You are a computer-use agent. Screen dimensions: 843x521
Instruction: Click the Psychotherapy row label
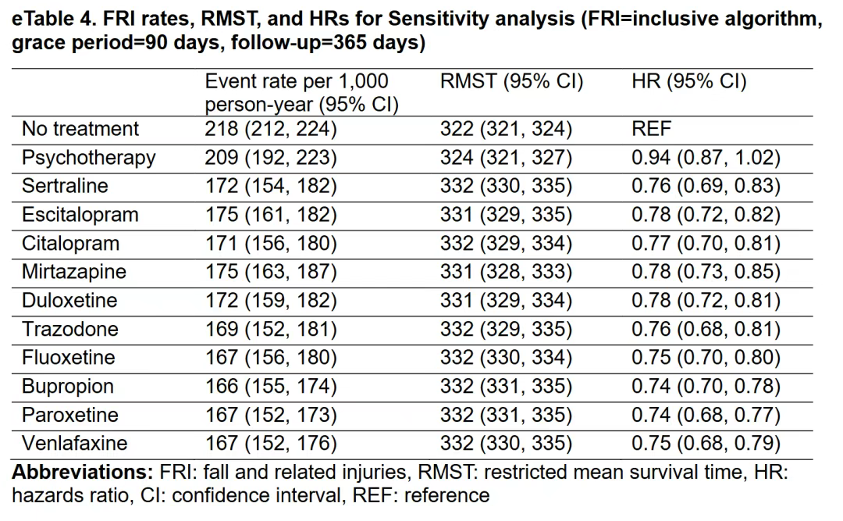click(89, 158)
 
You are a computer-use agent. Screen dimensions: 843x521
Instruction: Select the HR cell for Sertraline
click(706, 186)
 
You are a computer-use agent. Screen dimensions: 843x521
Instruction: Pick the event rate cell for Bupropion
click(271, 386)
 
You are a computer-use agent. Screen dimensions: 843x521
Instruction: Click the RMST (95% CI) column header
click(511, 81)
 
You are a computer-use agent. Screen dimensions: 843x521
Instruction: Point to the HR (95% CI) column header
click(689, 81)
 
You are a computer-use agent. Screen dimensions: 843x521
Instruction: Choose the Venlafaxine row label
click(75, 443)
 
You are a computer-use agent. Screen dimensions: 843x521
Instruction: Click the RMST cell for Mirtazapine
click(506, 271)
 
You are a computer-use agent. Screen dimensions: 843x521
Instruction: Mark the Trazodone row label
click(70, 329)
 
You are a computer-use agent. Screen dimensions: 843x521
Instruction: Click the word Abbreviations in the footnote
click(83, 472)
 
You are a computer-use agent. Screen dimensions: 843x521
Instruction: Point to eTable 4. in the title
click(53, 19)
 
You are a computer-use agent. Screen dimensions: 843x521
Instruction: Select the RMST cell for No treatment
click(506, 129)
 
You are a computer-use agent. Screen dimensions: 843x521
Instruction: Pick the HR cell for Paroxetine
click(706, 415)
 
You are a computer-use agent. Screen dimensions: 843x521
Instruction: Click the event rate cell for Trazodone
click(271, 329)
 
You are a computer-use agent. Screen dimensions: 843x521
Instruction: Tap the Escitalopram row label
click(80, 215)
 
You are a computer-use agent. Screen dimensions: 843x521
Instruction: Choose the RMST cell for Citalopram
click(506, 243)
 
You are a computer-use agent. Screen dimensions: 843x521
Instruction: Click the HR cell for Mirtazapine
click(706, 271)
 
